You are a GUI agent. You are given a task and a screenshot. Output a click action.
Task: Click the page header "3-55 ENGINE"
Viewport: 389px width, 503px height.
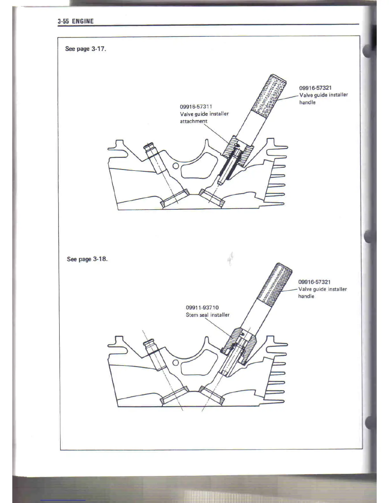(76, 21)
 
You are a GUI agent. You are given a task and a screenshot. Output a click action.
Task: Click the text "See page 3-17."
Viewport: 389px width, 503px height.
(85, 49)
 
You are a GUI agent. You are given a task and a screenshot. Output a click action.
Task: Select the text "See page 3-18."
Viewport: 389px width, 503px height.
(87, 259)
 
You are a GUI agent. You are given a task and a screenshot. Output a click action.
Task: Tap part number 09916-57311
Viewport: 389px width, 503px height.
(196, 107)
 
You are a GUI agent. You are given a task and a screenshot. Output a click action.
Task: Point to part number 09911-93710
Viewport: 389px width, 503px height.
(202, 307)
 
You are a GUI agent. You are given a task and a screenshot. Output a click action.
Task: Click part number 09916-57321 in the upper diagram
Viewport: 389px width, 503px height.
(315, 88)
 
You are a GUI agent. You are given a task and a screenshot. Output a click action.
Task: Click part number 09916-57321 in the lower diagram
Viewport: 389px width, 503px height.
(314, 282)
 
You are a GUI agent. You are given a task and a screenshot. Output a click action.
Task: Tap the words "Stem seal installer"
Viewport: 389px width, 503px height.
(208, 315)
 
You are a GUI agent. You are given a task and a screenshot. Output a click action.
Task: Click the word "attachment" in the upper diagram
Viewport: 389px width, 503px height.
(194, 121)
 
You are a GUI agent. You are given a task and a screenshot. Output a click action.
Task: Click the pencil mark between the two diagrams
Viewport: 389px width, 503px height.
(230, 258)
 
